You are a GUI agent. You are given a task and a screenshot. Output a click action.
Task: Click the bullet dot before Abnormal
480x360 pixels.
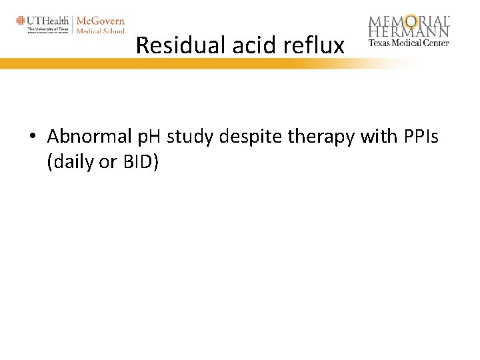(x=32, y=137)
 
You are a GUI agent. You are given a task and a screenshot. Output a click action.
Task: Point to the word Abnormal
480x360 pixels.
(x=88, y=137)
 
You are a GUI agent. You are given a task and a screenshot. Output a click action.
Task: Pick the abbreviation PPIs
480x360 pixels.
(x=421, y=137)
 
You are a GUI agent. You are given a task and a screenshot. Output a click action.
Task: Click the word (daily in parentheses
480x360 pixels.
(x=71, y=162)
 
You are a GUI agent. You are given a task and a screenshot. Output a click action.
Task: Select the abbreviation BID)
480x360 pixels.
(x=140, y=162)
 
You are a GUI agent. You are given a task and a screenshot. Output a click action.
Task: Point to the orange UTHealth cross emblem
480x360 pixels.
(x=21, y=21)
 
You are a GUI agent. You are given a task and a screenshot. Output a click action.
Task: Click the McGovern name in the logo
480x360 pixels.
(x=101, y=21)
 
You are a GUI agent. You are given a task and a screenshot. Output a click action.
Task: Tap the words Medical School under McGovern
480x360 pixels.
(x=100, y=31)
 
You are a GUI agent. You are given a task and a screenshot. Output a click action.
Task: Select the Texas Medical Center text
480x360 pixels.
(x=409, y=43)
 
